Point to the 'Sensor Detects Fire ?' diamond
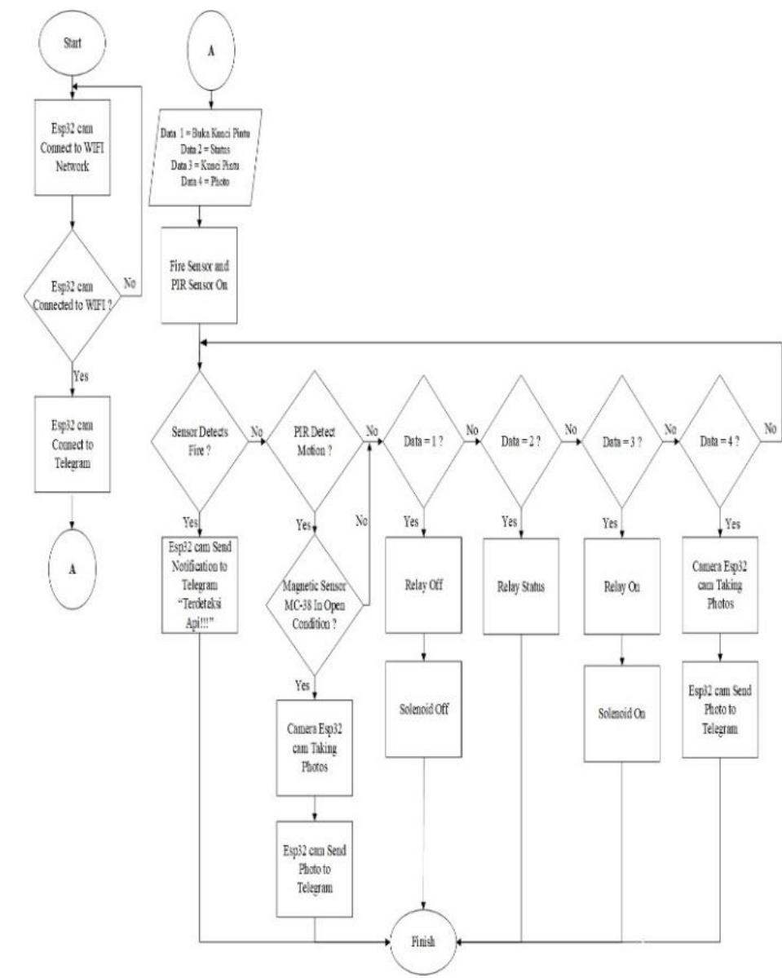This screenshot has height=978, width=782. pyautogui.click(x=200, y=441)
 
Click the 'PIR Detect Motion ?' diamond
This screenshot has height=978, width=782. pyautogui.click(x=315, y=441)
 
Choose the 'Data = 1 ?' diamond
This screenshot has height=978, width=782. pyautogui.click(x=424, y=441)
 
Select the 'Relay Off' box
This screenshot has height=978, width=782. pyautogui.click(x=424, y=584)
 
